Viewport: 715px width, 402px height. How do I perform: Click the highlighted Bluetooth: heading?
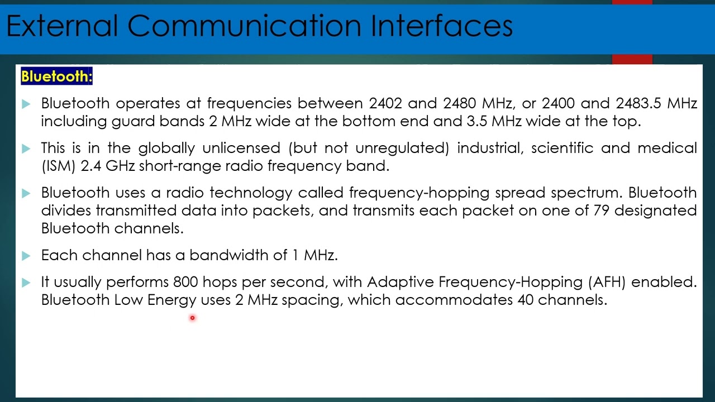[56, 76]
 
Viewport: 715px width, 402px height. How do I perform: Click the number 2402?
[385, 103]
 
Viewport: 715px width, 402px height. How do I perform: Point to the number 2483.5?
[638, 103]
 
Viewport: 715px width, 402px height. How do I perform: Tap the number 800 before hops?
[185, 282]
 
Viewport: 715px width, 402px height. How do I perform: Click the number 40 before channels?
[525, 300]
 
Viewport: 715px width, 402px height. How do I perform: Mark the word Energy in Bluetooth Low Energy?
[171, 300]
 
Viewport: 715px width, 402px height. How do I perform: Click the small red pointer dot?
[192, 318]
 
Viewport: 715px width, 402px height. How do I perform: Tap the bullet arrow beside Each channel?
[26, 256]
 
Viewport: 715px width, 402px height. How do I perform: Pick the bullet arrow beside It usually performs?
[26, 283]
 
